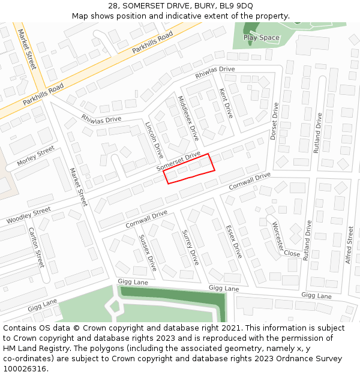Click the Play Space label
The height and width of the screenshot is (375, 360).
click(261, 37)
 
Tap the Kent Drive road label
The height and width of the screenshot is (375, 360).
click(226, 103)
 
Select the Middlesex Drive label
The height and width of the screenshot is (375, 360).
click(188, 118)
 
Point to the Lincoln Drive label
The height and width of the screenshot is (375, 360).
click(154, 140)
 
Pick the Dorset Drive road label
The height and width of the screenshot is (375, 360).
click(274, 122)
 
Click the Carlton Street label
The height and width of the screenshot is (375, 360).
click(35, 248)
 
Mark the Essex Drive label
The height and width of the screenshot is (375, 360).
click(233, 242)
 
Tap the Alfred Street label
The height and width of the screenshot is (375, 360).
click(349, 246)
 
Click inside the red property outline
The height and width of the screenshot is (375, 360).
click(189, 169)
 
